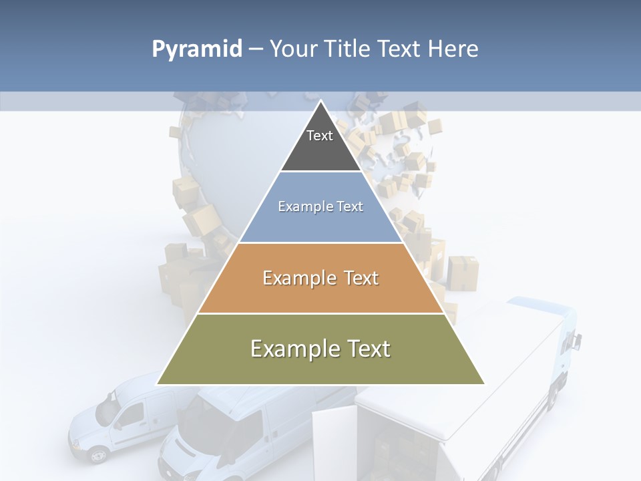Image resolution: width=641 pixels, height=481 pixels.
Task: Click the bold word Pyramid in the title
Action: (x=197, y=49)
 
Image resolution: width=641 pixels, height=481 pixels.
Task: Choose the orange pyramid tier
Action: (x=320, y=294)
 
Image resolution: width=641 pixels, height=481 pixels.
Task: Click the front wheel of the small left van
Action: (x=98, y=456)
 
